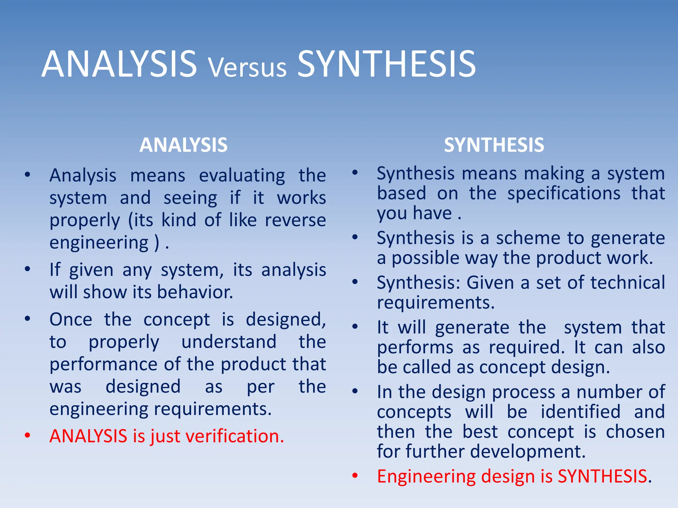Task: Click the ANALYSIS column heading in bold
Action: tap(183, 145)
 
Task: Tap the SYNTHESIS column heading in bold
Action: tap(494, 145)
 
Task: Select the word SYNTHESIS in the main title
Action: tap(386, 64)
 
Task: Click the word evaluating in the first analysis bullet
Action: tap(242, 176)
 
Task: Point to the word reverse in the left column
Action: tap(295, 220)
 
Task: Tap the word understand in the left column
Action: tap(229, 342)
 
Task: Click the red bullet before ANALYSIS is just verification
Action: tap(27, 436)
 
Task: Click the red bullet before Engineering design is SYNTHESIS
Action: tap(355, 476)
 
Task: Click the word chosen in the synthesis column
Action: tap(635, 432)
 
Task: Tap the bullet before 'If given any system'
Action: tap(27, 269)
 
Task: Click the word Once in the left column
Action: tap(71, 320)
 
